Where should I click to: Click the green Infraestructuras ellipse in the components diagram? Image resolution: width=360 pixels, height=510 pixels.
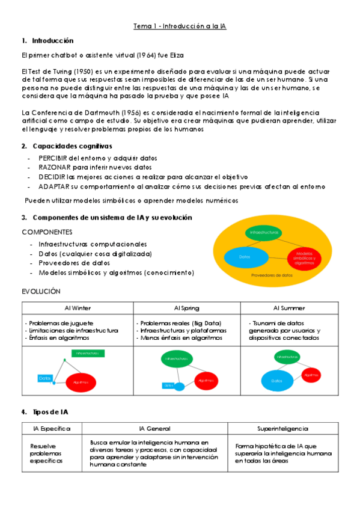tap(263, 232)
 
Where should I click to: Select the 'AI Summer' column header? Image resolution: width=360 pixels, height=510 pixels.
tap(288, 308)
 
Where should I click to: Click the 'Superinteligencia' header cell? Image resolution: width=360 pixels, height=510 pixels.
tap(282, 429)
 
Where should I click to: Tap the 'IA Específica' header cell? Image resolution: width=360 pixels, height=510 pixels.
tap(52, 429)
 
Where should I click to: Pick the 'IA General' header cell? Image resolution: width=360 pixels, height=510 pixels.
tap(154, 429)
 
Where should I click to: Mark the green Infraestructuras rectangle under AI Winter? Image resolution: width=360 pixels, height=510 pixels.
tap(87, 353)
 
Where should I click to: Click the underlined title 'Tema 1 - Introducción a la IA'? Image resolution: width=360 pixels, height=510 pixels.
tap(180, 26)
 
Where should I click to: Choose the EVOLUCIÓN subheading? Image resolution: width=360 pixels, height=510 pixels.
tap(41, 290)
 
